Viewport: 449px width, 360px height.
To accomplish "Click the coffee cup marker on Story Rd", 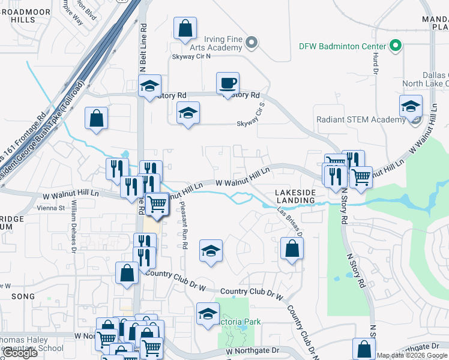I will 228,83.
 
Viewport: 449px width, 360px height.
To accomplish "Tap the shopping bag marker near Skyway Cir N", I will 185,28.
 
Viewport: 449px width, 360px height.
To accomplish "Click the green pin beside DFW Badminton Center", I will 396,46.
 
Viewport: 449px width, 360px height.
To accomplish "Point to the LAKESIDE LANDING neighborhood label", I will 295,196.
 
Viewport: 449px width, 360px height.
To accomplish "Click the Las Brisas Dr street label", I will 289,221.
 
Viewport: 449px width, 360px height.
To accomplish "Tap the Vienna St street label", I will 51,208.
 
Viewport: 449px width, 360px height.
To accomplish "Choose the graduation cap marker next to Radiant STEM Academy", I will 411,107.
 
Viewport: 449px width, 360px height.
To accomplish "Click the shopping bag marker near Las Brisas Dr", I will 292,249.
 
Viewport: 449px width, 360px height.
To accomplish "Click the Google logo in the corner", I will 20,353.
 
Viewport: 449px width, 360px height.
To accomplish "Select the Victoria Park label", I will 240,322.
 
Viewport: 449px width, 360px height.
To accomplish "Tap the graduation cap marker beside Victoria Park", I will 208,314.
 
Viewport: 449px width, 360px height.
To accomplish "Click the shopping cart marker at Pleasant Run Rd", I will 157,203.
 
